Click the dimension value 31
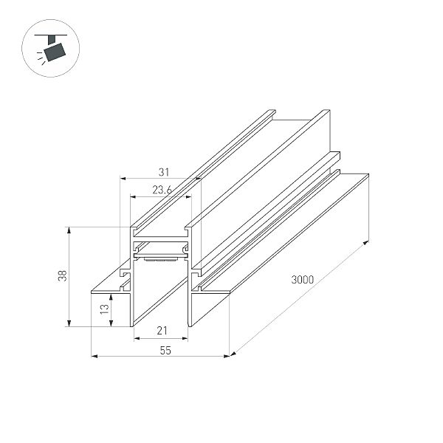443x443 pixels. [x=164, y=172]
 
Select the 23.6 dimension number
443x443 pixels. [x=162, y=190]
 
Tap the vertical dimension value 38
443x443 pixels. [x=62, y=275]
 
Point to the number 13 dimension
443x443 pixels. [x=105, y=309]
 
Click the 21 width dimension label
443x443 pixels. [x=162, y=331]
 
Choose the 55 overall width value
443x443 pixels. [x=165, y=350]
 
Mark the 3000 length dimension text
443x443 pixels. [x=302, y=280]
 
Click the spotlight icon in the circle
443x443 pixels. [x=51, y=48]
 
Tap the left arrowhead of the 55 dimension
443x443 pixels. [x=94, y=357]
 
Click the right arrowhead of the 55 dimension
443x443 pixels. [x=227, y=357]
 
